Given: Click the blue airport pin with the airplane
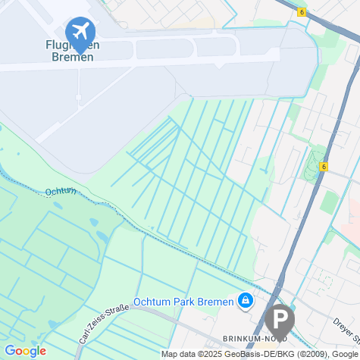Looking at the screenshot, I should coord(79,32).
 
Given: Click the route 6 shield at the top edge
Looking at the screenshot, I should coord(301,12).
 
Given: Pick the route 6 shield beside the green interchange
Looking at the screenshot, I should coord(324,167).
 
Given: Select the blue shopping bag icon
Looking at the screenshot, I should coord(245,302).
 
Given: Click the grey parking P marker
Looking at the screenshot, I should coord(279,319).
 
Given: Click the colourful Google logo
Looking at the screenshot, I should coord(25,351).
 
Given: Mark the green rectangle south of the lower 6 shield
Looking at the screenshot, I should coord(328,202).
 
